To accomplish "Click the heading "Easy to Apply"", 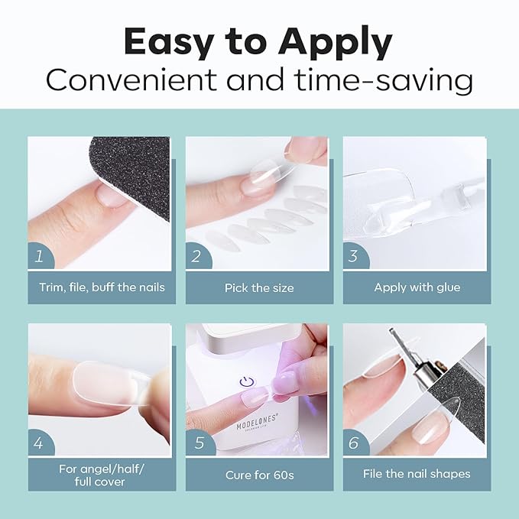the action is (x=258, y=42).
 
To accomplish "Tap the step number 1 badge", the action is (x=40, y=256).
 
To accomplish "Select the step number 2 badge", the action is (x=197, y=256).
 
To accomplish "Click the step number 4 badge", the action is (x=40, y=443).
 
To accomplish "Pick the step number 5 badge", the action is (x=197, y=443).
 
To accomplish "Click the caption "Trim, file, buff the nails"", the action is (x=102, y=287).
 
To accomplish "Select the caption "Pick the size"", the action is (x=259, y=287).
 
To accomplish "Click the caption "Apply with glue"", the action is (x=417, y=287).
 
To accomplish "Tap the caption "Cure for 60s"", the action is (x=260, y=475).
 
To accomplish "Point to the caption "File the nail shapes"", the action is (x=417, y=474).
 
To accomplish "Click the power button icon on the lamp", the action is (x=247, y=382).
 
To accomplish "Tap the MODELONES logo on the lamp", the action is (x=257, y=423).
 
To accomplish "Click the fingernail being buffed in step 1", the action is (x=112, y=195).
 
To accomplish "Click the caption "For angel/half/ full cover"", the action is (x=102, y=475).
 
